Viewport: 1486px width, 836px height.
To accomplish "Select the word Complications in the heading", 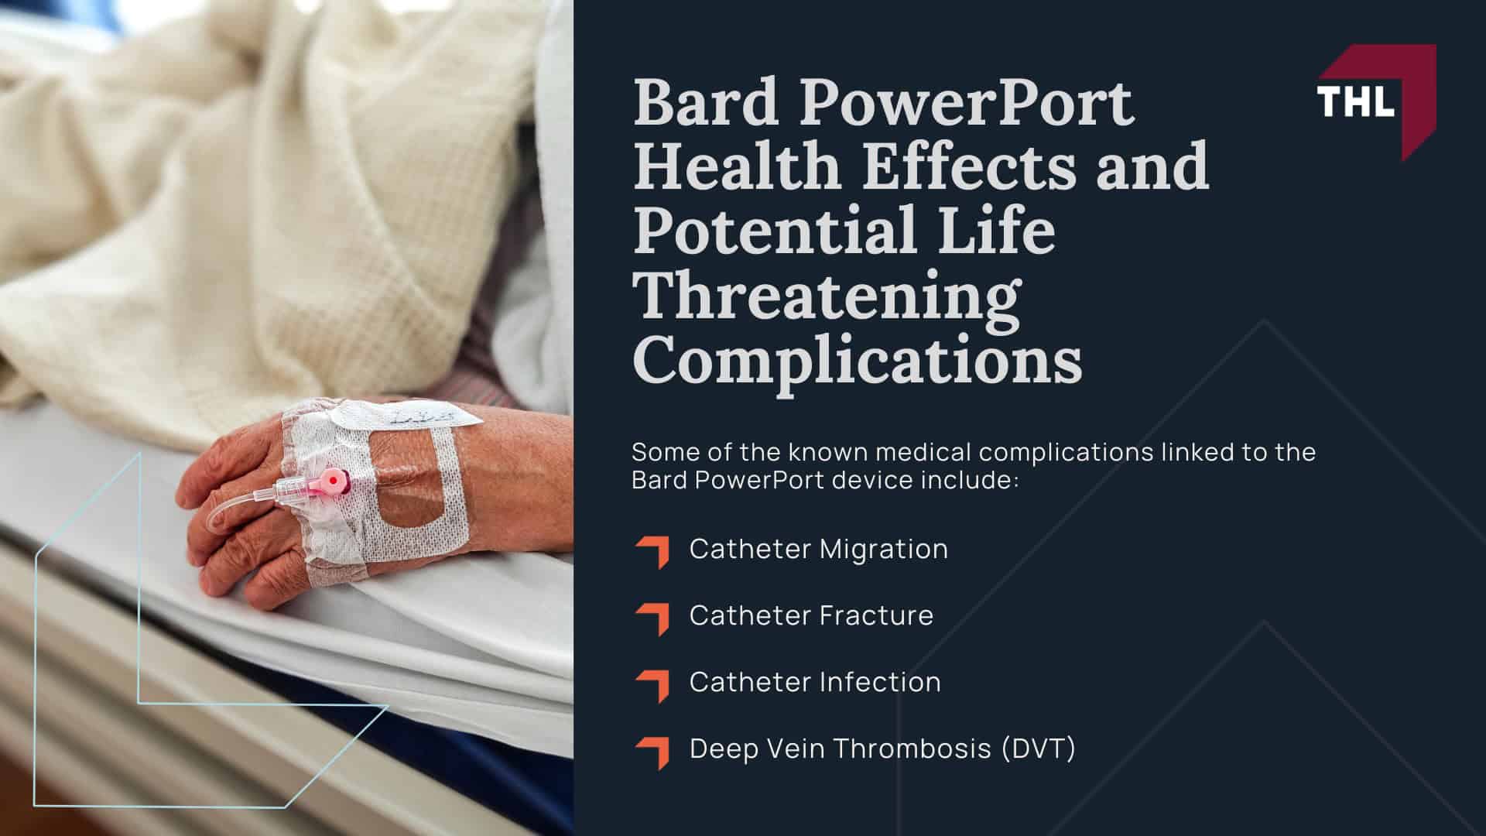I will [x=857, y=361].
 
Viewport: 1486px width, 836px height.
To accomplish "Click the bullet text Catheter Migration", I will [x=818, y=549].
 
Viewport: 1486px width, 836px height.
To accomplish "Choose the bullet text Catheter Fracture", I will [x=811, y=615].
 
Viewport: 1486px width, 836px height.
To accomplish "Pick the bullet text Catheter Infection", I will [x=815, y=682].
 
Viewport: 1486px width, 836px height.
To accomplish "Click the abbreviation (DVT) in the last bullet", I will [x=1038, y=749].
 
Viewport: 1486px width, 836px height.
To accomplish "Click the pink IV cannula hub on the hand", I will [x=330, y=482].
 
